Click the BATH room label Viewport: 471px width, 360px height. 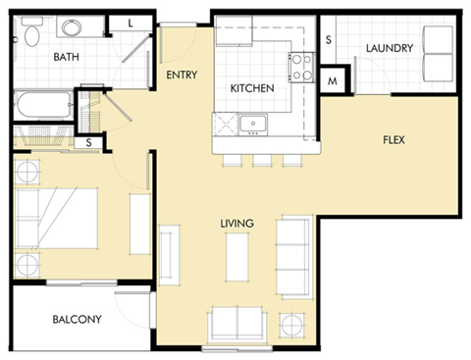pos(66,56)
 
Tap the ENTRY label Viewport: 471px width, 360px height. pos(183,75)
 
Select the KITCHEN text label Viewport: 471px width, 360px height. pos(251,88)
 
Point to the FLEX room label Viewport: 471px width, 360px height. pos(393,139)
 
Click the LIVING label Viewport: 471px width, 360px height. pos(237,224)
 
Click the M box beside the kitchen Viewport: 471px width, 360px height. pos(332,81)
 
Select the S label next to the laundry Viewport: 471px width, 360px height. pos(328,39)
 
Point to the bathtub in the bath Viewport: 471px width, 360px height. pos(42,104)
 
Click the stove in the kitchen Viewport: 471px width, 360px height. pos(299,66)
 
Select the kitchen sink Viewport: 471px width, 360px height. pos(254,124)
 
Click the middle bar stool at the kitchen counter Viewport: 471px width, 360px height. pos(262,160)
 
